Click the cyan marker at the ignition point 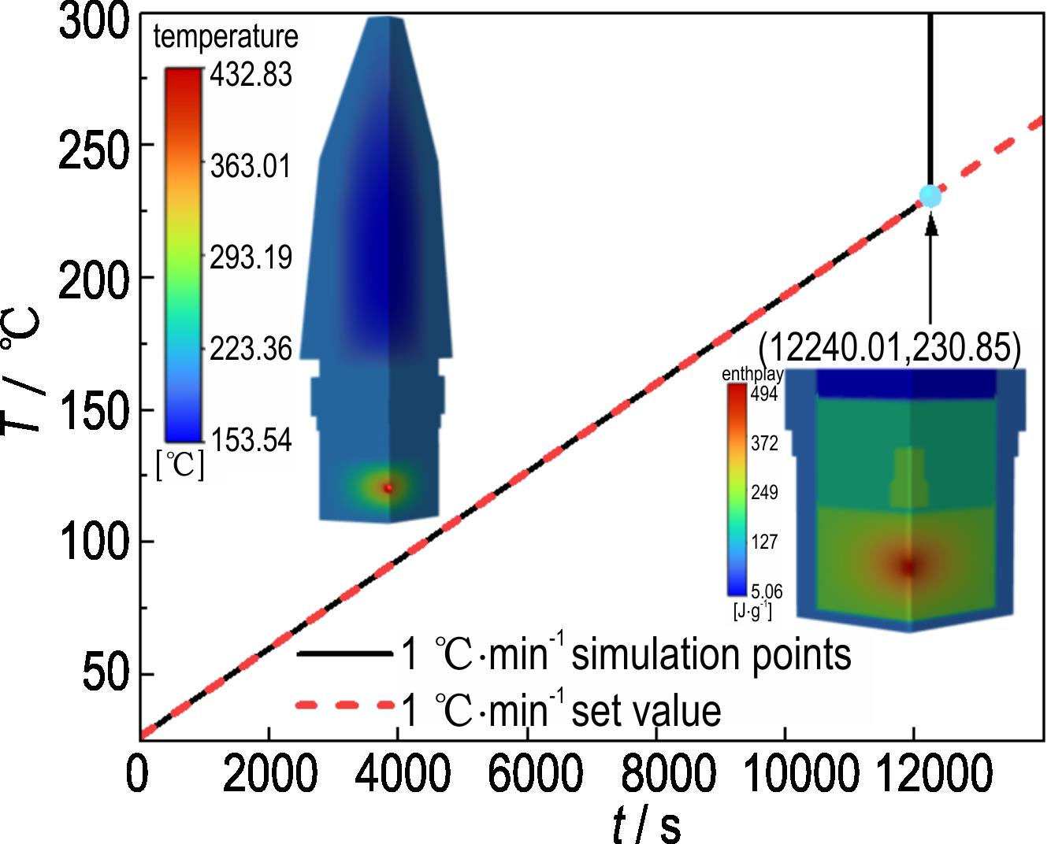pyautogui.click(x=930, y=196)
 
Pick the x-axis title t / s pyautogui.click(x=647, y=824)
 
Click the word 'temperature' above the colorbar pyautogui.click(x=226, y=36)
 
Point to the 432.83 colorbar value pyautogui.click(x=250, y=76)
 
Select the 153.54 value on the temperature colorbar pyautogui.click(x=250, y=440)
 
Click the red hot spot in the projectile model pyautogui.click(x=388, y=488)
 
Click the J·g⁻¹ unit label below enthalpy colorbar pyautogui.click(x=752, y=609)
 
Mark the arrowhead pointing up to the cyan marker pyautogui.click(x=931, y=224)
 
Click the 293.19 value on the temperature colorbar pyautogui.click(x=250, y=257)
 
